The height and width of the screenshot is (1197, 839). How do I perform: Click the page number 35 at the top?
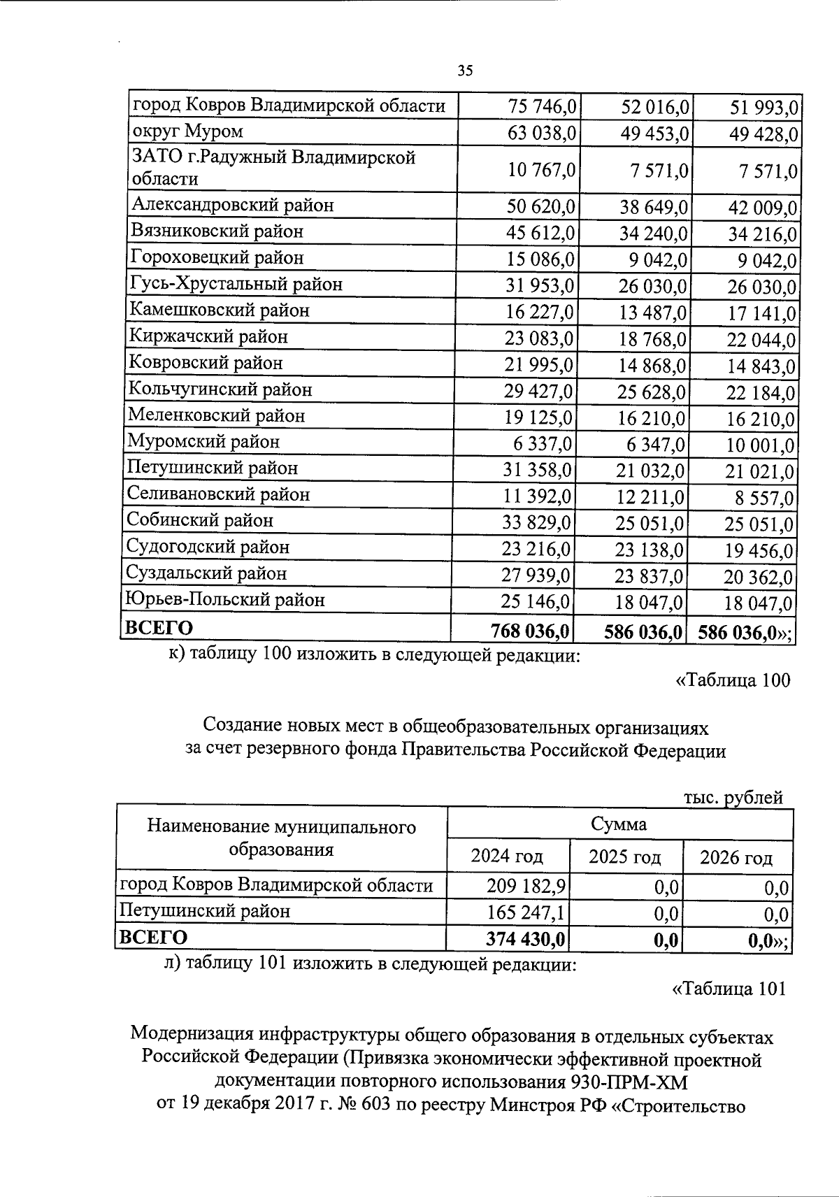(465, 70)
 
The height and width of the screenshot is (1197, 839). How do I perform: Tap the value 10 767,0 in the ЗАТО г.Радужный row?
(540, 169)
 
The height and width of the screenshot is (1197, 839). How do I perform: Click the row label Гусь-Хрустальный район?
(236, 284)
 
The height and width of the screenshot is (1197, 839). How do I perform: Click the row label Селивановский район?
(218, 494)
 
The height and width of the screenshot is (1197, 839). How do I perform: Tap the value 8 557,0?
(766, 499)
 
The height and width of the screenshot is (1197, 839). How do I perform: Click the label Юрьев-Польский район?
(224, 599)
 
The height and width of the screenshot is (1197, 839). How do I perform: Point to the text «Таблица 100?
(731, 680)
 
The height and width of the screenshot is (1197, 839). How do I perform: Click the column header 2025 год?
(624, 856)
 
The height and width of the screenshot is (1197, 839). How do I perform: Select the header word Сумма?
(619, 824)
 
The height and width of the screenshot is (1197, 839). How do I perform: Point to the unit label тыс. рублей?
(733, 797)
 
